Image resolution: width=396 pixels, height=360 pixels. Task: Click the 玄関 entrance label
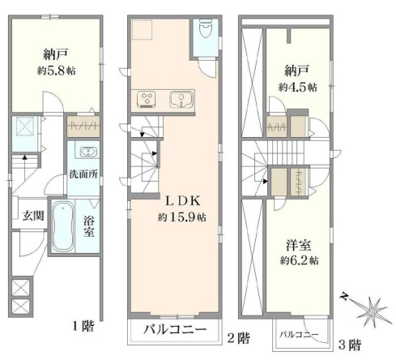(x=33, y=216)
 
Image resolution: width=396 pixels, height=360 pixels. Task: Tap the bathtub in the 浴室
(x=62, y=226)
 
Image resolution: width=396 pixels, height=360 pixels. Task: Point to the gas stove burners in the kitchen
(x=147, y=99)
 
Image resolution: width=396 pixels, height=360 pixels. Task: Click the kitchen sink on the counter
(x=181, y=99)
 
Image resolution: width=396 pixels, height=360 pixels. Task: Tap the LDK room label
(x=182, y=201)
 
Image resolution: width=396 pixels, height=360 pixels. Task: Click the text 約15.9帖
(x=182, y=217)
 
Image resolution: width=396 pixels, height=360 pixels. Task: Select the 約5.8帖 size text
(x=57, y=71)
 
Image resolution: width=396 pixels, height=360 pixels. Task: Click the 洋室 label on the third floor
(x=298, y=246)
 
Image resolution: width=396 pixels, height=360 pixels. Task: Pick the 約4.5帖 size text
(x=298, y=88)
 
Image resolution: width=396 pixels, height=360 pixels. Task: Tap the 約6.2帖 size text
(x=299, y=260)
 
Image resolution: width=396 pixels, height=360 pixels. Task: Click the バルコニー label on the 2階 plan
(x=175, y=329)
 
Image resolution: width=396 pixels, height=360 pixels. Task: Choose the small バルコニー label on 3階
(x=299, y=335)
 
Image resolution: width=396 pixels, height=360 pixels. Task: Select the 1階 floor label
(x=83, y=327)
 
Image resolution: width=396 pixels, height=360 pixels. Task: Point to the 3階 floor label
(x=350, y=345)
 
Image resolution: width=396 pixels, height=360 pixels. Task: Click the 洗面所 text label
(x=83, y=174)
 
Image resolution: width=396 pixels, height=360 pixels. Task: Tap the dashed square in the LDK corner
(x=143, y=30)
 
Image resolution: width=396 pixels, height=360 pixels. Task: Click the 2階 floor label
(x=238, y=338)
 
